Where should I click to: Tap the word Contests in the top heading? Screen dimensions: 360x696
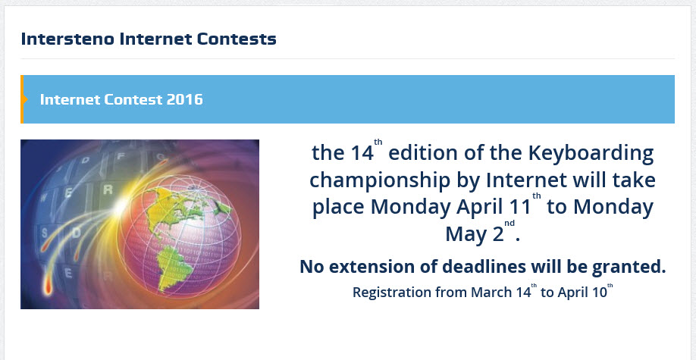[x=240, y=38]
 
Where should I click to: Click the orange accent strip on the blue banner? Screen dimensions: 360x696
[x=23, y=99]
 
